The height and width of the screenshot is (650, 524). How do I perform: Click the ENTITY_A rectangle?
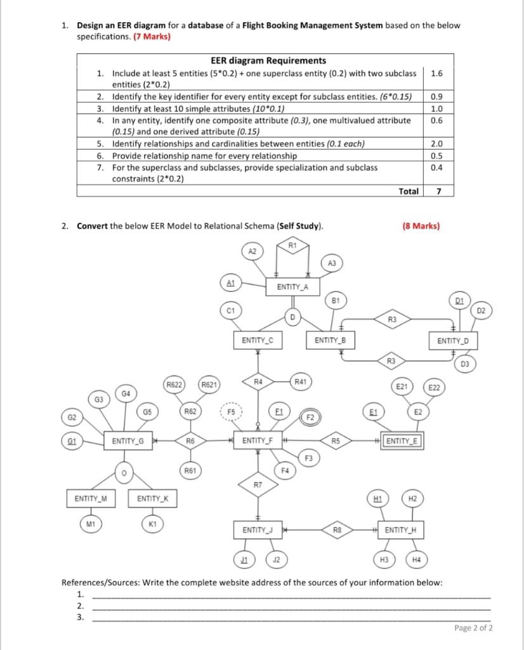292,287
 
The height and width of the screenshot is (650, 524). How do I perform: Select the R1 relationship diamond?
292,245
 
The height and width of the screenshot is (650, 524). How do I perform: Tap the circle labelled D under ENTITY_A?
292,316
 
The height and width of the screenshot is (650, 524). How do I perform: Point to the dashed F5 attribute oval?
231,411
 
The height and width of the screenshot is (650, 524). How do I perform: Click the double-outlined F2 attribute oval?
310,417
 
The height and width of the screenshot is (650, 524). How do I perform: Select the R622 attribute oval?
174,384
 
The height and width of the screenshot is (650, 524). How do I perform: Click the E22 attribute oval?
435,387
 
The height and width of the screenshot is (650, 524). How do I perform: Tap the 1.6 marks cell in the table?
436,74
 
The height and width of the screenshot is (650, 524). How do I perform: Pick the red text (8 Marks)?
421,226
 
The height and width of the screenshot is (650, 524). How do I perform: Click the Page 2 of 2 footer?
473,628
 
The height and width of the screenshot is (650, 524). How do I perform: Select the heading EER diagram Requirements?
250,61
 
